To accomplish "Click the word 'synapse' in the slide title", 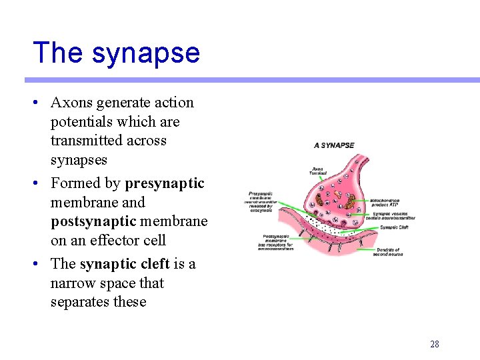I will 146,53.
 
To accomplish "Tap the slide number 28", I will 434,344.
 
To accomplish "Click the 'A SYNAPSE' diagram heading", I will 334,145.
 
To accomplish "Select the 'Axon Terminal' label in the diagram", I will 318,171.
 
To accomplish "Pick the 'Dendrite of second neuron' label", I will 387,252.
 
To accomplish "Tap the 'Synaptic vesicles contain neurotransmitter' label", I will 393,215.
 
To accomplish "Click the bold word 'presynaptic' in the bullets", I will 165,183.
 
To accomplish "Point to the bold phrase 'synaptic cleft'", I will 125,264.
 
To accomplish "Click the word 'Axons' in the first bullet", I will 72,103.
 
